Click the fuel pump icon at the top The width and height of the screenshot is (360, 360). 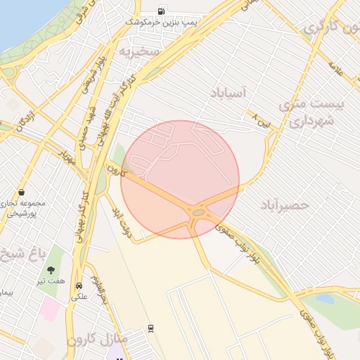point(162,11)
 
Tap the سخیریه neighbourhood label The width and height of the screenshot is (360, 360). point(140,52)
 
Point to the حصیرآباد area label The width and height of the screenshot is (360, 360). point(284,205)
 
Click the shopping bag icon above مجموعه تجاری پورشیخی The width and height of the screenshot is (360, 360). point(22,191)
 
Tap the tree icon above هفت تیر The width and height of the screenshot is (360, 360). point(51,269)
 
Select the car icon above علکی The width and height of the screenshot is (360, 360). point(79,286)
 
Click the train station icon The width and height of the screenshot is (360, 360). point(150,328)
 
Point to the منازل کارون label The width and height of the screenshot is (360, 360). point(97,340)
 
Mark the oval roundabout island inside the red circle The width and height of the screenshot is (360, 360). point(199,211)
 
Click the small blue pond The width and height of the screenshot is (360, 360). point(325,298)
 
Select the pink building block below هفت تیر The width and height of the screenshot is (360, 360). point(51,308)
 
